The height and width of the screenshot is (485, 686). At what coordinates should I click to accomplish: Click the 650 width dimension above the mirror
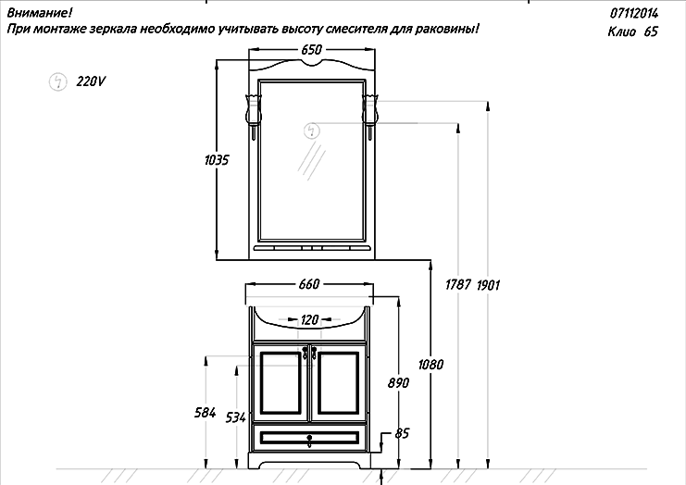point(311,49)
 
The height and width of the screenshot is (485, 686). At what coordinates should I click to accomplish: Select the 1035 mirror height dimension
point(217,160)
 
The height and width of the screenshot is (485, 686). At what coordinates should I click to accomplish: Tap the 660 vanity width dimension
point(309,284)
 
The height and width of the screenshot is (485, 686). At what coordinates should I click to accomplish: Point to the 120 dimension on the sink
point(309,319)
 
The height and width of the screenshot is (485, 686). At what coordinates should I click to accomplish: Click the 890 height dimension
point(399,382)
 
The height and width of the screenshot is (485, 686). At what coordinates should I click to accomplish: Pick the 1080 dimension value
point(430,365)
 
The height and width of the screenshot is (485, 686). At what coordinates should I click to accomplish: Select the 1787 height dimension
point(458,285)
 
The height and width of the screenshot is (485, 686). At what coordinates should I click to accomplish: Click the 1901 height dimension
point(488,285)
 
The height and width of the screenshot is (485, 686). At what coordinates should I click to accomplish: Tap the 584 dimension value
point(206,413)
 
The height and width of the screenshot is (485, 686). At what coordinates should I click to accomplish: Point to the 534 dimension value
point(236,417)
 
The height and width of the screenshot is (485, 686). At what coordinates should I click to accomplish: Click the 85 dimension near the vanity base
point(402,433)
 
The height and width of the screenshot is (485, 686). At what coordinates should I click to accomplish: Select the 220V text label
point(91,81)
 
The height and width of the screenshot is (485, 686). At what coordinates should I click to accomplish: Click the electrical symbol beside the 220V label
point(57,81)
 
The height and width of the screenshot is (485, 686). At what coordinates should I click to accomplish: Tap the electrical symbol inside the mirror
point(312,131)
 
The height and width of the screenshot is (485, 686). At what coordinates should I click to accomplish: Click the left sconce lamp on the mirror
point(254,116)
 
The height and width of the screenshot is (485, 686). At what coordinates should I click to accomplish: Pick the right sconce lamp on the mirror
point(369,116)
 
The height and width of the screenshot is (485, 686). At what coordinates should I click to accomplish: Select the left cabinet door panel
point(281,382)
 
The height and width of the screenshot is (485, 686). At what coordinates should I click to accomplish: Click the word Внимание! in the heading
point(40,13)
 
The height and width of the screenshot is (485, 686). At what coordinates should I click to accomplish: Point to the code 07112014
point(634,14)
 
